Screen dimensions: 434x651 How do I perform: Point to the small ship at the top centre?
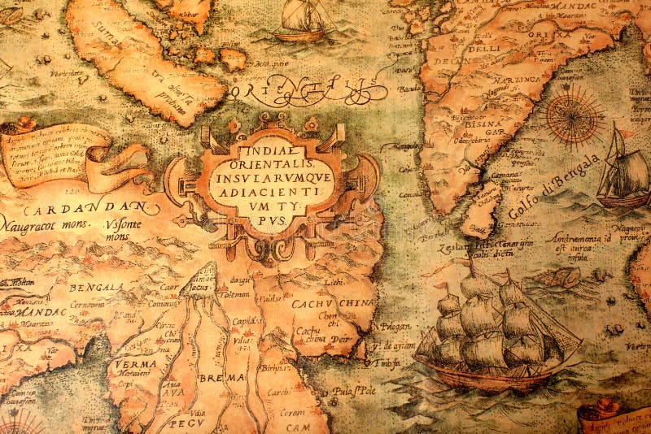tap(302, 20)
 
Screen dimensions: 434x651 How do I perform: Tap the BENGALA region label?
tap(95, 287)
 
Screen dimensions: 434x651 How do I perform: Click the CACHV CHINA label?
tap(323, 304)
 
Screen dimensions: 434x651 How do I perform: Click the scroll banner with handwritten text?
tap(61, 154)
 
